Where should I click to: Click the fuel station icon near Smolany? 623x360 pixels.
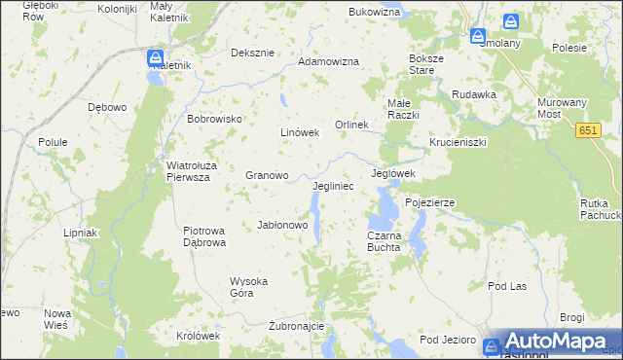479,36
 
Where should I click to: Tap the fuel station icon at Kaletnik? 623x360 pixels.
155,58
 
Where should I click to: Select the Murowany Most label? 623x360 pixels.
562,108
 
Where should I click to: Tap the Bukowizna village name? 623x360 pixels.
375,13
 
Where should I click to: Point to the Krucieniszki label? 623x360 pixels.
458,142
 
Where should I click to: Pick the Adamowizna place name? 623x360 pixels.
328,61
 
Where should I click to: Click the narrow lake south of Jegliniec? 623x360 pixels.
314,205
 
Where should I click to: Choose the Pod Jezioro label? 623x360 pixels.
447,340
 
